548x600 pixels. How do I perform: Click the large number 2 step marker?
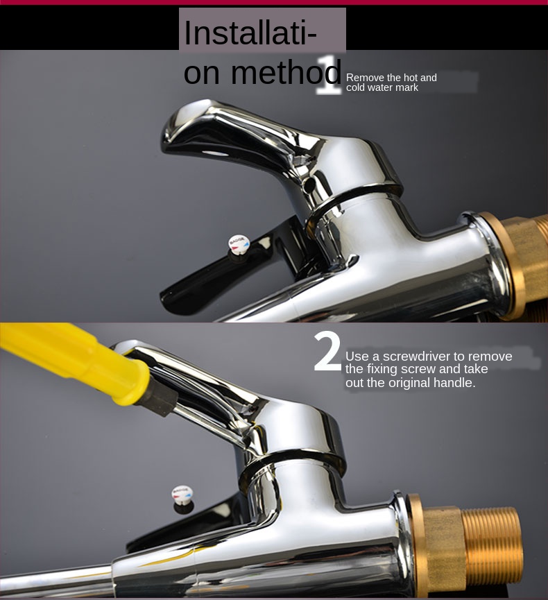coord(327,352)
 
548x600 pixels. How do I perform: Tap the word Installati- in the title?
coord(250,33)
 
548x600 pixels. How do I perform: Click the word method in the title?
coord(286,72)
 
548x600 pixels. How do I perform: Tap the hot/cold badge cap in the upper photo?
coord(239,243)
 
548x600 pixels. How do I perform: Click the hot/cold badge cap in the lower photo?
coord(182,494)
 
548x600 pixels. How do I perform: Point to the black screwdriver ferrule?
coord(160,398)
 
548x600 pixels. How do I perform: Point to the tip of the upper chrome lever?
coord(165,142)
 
